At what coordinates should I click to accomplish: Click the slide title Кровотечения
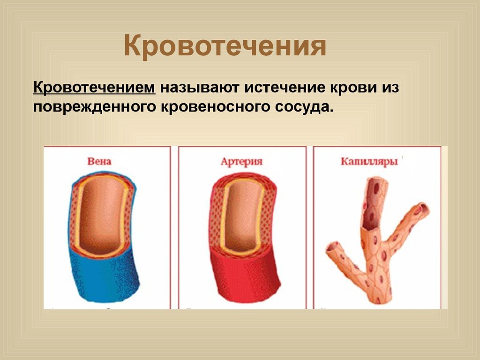pyautogui.click(x=225, y=46)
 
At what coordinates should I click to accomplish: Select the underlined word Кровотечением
pyautogui.click(x=94, y=87)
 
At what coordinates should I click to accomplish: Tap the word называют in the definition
pyautogui.click(x=200, y=88)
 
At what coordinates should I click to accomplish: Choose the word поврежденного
pyautogui.click(x=95, y=107)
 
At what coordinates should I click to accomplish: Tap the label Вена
pyautogui.click(x=99, y=161)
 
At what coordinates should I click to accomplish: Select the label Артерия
pyautogui.click(x=241, y=162)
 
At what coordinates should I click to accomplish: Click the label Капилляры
pyautogui.click(x=369, y=162)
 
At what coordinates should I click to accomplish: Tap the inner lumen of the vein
pyautogui.click(x=102, y=214)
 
